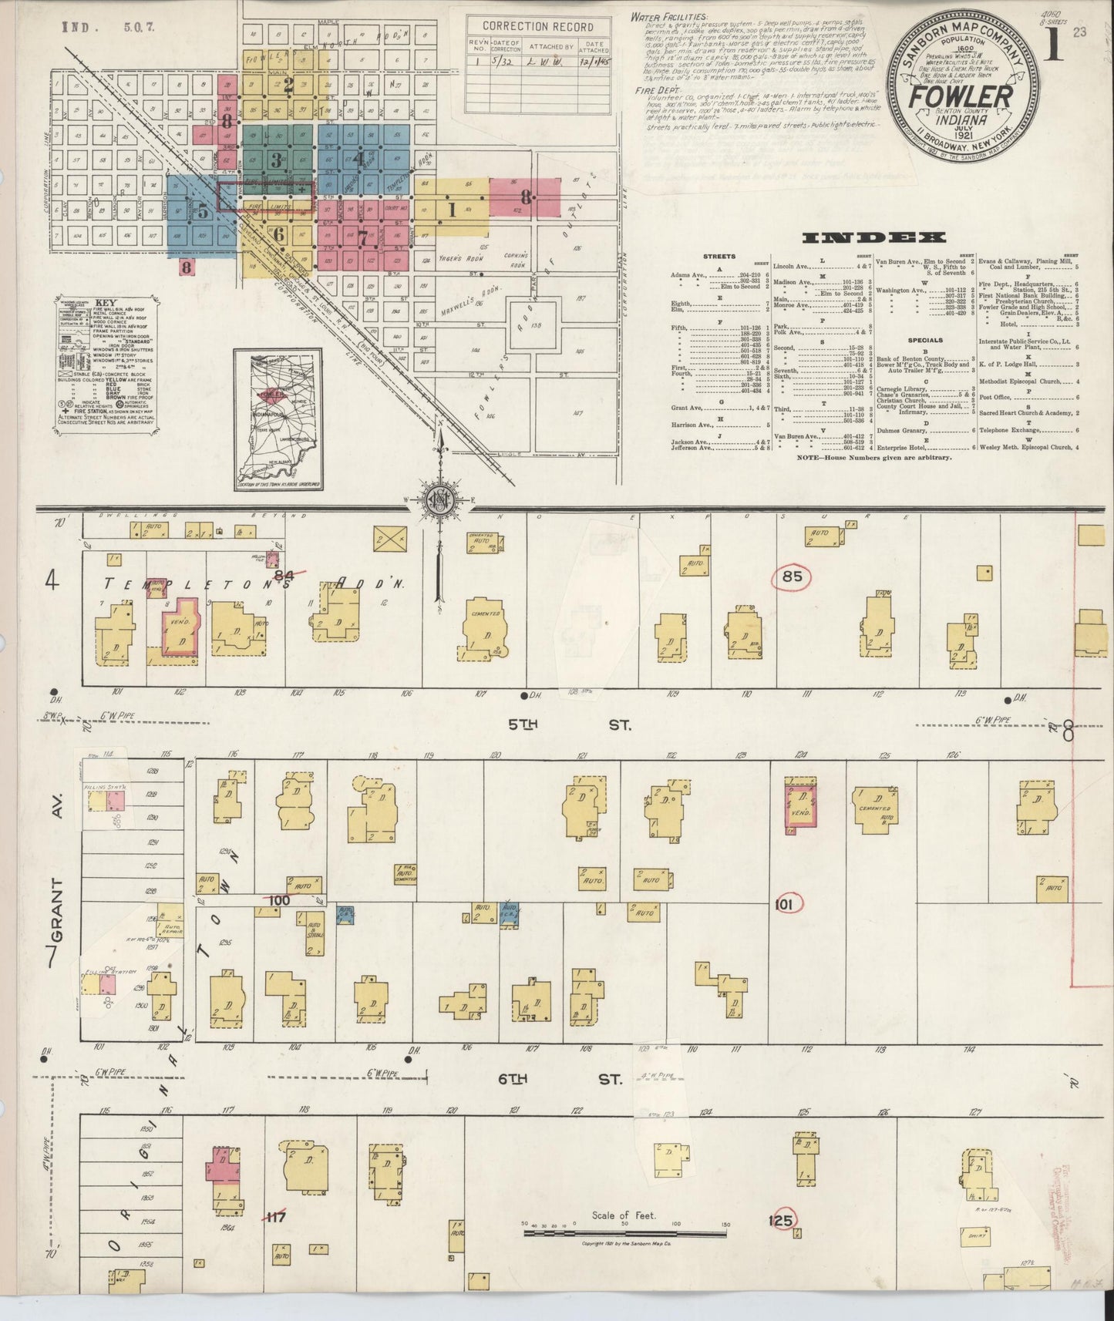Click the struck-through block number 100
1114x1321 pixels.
[279, 900]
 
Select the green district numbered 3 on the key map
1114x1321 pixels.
[278, 160]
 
